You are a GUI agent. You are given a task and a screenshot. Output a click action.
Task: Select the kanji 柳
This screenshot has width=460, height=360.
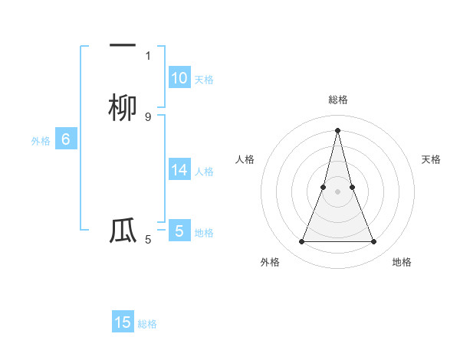point(123,108)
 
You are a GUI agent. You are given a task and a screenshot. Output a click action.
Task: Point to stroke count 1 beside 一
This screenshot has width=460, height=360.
point(148,55)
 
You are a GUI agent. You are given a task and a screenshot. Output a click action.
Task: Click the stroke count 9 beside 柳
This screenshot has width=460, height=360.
point(148,116)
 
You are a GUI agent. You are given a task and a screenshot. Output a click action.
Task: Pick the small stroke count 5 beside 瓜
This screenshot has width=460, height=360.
point(148,240)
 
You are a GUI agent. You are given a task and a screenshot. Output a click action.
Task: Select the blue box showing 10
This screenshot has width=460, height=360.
point(179,77)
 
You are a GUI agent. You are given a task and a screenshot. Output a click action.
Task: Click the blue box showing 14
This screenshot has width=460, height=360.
point(179,170)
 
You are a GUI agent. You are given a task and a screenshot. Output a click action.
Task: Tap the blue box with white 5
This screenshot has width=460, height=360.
point(179,231)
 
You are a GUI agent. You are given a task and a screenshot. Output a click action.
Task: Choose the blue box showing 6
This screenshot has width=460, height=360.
point(66,139)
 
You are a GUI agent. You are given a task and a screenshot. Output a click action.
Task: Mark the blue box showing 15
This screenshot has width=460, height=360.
point(123,322)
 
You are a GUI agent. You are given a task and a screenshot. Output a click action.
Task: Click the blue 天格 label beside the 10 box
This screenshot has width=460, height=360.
point(204,79)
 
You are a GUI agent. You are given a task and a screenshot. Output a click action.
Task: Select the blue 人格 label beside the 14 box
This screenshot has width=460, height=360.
point(204,172)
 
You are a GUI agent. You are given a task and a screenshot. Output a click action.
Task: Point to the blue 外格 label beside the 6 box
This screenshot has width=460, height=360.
point(41,141)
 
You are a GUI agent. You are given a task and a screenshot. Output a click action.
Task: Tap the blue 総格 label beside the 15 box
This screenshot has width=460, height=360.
point(147,324)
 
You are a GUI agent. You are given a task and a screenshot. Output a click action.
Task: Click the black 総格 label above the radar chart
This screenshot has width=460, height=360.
point(337,100)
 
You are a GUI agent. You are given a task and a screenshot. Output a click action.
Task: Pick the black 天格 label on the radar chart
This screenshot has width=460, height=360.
point(431,159)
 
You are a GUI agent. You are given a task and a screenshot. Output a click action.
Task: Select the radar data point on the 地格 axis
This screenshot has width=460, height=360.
point(374,242)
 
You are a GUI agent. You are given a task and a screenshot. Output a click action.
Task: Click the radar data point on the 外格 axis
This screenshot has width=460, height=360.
point(301,242)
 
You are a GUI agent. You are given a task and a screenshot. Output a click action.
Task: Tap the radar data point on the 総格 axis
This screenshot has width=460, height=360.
point(337,129)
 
